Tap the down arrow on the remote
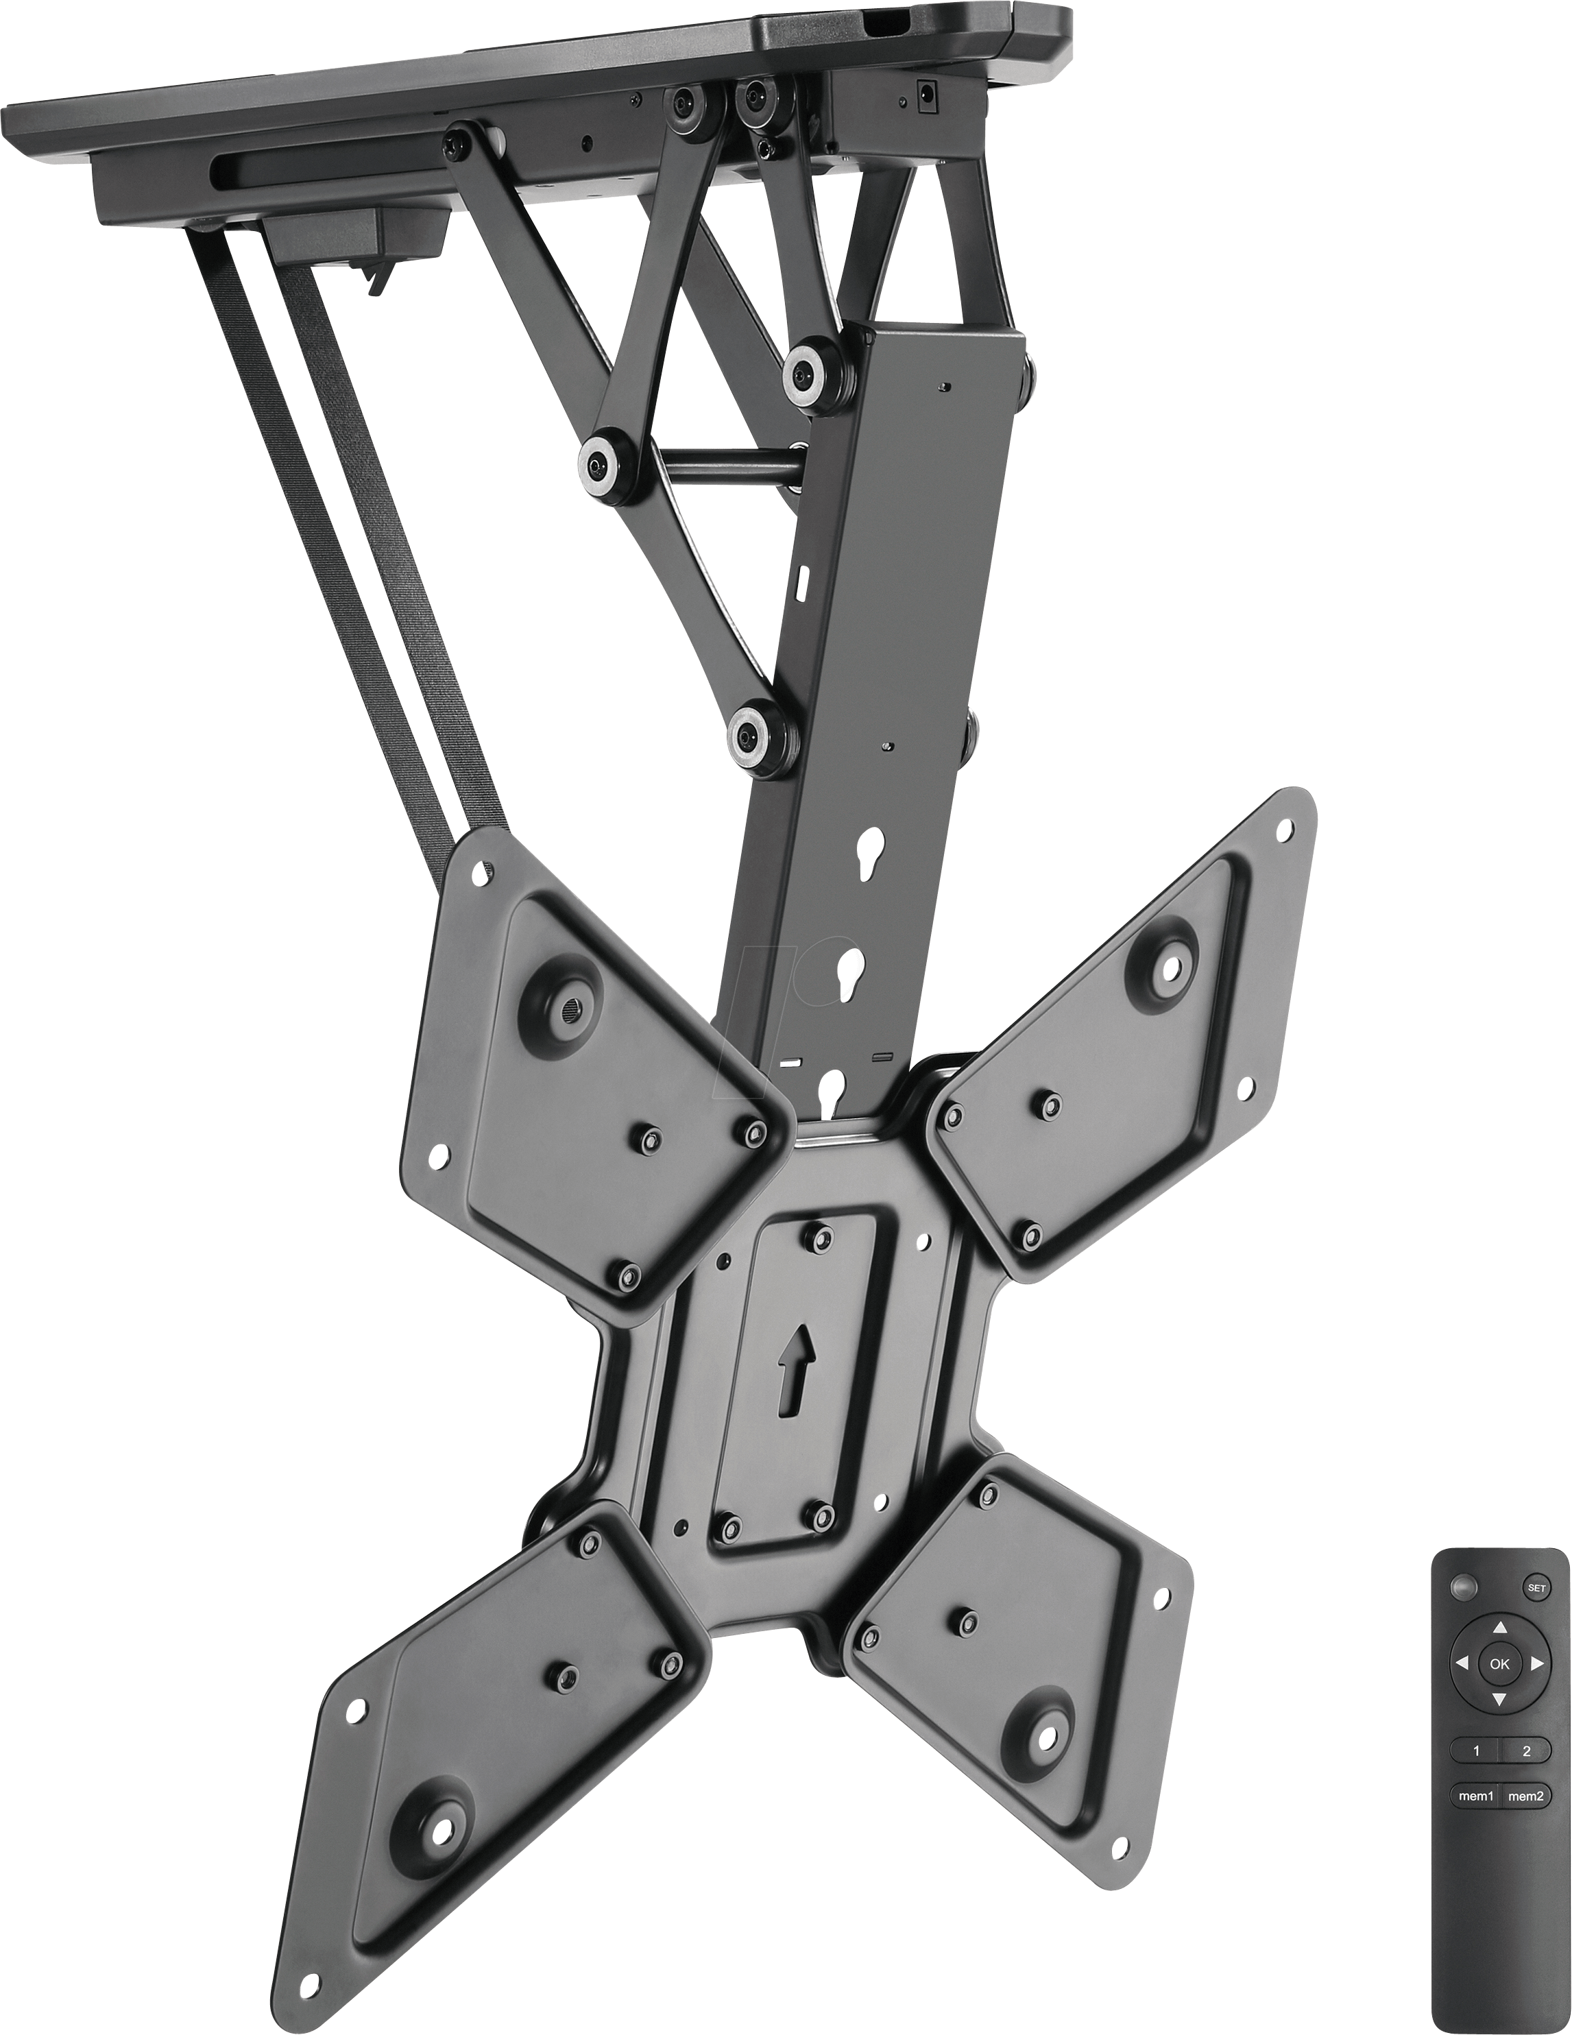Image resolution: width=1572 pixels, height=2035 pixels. coord(1499,1698)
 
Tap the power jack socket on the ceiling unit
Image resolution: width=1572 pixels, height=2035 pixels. coord(927,93)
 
